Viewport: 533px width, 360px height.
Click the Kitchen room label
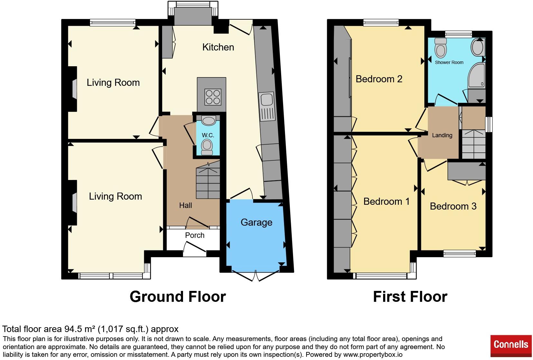point(218,47)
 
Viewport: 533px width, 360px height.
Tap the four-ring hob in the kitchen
point(213,97)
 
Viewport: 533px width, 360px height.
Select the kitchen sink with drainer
point(267,106)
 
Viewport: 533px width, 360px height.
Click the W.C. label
point(208,135)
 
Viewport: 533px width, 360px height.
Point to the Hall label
point(186,205)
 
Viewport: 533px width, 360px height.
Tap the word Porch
point(195,235)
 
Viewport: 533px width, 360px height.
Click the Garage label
point(256,222)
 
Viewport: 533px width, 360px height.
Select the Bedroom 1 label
point(386,202)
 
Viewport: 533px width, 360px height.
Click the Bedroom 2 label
point(379,79)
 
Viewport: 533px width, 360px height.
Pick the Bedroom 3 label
point(453,206)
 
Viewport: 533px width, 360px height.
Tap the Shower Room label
point(449,62)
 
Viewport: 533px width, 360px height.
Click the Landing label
point(442,135)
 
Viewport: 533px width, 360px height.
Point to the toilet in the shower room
point(441,48)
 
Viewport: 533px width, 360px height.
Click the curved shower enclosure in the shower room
point(476,75)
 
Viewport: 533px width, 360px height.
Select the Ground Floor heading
point(178,297)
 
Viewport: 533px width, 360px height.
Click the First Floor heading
point(410,297)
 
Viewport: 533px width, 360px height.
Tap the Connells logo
point(511,346)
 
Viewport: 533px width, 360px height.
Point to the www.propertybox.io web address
point(373,355)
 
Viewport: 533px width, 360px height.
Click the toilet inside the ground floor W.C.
point(207,147)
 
